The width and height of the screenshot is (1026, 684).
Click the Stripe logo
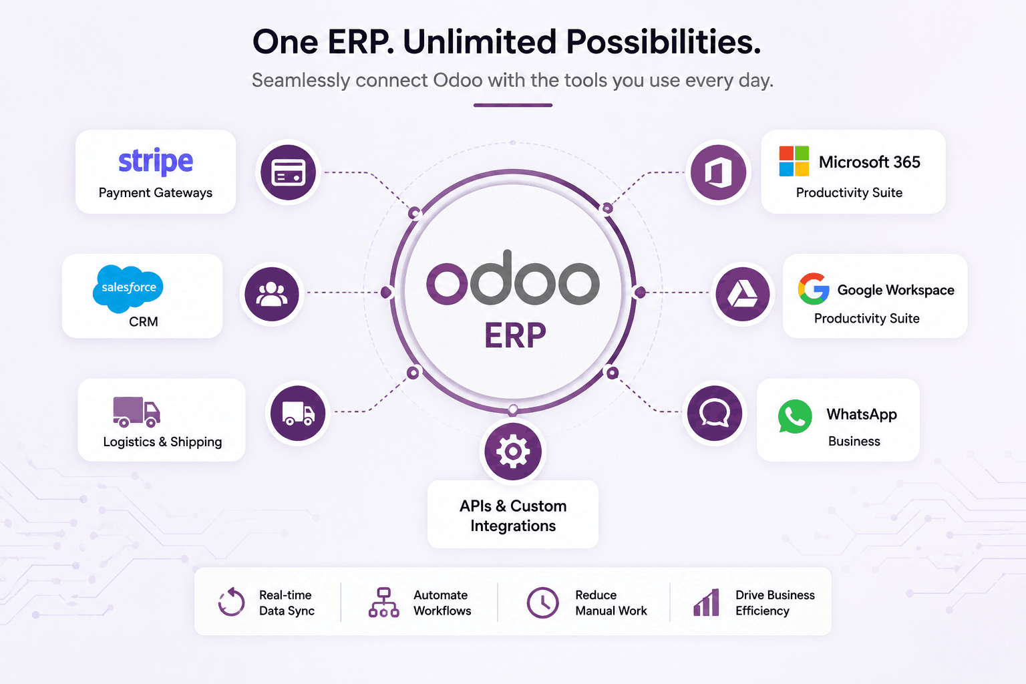[x=156, y=161]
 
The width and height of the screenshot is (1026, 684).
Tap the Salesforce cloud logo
[x=128, y=289]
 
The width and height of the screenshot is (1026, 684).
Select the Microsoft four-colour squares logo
[x=794, y=161]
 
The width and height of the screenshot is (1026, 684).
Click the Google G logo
[x=814, y=289]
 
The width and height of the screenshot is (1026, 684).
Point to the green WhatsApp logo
[x=795, y=416]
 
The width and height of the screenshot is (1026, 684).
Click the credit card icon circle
[x=288, y=172]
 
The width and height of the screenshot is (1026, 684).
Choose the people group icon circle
[x=272, y=294]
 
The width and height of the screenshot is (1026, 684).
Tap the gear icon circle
[x=513, y=452]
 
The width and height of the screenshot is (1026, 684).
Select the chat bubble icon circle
[x=715, y=413]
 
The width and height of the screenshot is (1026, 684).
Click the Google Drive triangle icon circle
[x=743, y=294]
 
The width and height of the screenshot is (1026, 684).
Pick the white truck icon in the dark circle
[x=298, y=413]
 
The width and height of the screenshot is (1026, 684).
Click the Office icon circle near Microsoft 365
[x=718, y=172]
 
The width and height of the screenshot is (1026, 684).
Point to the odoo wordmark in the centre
[x=513, y=278]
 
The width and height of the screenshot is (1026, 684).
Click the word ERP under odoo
[x=515, y=335]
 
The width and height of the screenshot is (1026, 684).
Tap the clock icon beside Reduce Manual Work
[x=543, y=603]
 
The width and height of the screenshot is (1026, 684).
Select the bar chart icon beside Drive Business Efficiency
[x=706, y=603]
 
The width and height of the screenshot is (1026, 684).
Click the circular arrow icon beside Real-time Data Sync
[x=231, y=602]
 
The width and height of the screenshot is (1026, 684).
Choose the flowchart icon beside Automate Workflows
[x=384, y=603]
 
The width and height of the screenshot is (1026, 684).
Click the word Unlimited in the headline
[x=480, y=41]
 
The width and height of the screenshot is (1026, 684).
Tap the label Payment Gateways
[x=156, y=193]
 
